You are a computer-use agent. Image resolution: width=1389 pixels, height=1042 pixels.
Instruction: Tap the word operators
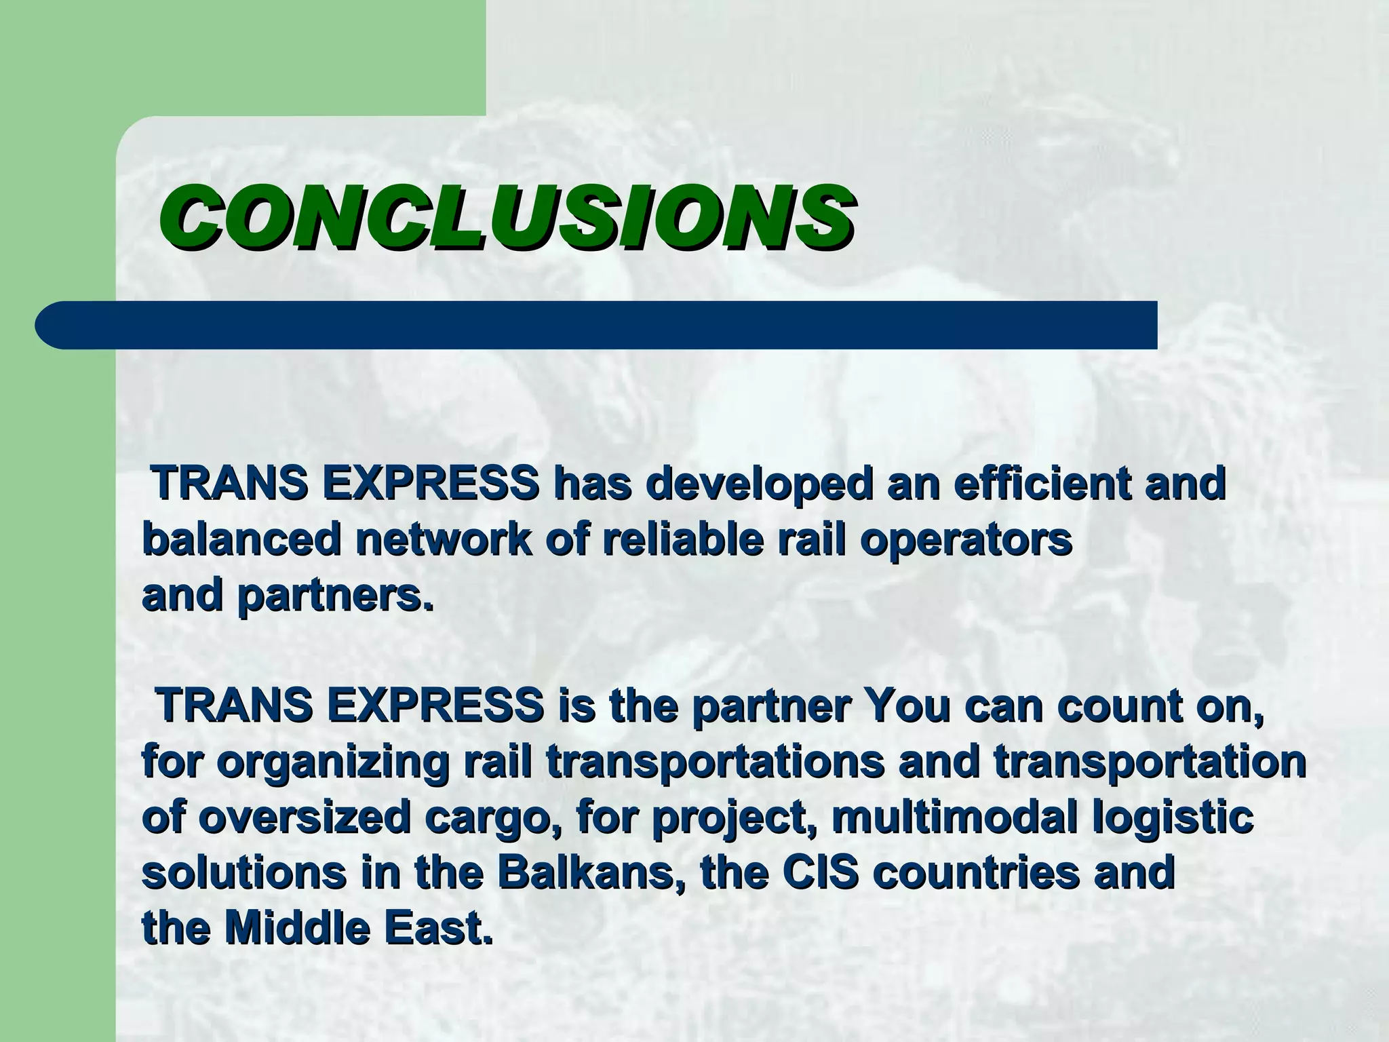point(966,540)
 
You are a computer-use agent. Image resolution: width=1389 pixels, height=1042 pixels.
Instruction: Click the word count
point(1120,706)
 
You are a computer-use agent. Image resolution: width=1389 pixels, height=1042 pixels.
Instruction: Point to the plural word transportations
point(715,762)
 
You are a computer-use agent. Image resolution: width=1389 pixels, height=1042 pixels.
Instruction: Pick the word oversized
point(305,817)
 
